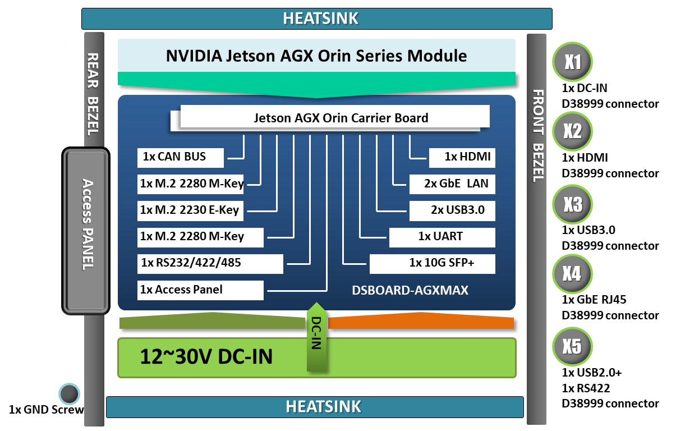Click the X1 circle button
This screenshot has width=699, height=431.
[x=572, y=62]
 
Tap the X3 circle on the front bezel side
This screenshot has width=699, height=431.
[x=572, y=205]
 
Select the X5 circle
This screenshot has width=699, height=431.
[x=572, y=346]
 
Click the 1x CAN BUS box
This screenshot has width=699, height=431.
[x=181, y=158]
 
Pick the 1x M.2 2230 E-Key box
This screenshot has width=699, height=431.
[x=190, y=210]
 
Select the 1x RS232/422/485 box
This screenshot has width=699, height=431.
[x=210, y=263]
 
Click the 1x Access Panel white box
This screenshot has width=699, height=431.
[x=200, y=290]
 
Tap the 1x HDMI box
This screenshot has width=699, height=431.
[x=462, y=157]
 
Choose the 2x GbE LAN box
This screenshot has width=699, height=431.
[x=452, y=184]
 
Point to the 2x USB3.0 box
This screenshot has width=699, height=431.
[x=452, y=210]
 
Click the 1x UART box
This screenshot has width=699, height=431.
[x=442, y=237]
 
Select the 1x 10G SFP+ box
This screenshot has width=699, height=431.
[x=432, y=263]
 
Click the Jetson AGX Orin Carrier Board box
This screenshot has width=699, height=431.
[x=335, y=117]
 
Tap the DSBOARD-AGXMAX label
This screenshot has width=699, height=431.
[x=410, y=291]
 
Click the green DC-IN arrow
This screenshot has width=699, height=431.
[x=316, y=337]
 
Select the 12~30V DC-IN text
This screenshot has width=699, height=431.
[x=206, y=357]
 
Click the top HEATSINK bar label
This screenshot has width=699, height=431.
[x=320, y=19]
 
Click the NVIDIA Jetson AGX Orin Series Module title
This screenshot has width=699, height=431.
[x=316, y=56]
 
